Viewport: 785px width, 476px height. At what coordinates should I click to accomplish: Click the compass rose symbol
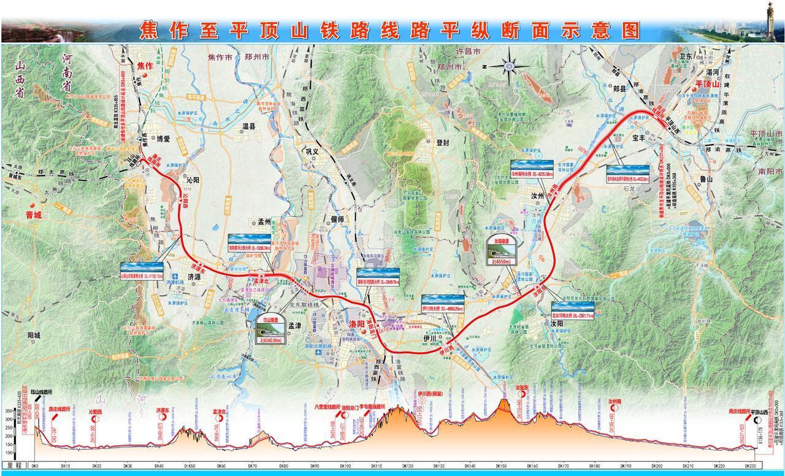pos(508,65)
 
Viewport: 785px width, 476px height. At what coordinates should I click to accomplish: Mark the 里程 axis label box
pos(13,466)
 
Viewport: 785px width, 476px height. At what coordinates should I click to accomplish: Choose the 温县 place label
pos(248,126)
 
